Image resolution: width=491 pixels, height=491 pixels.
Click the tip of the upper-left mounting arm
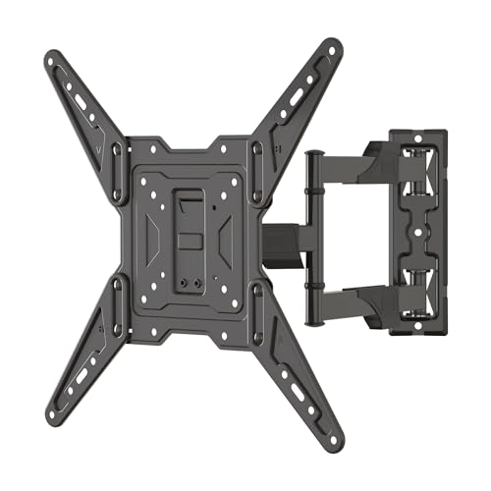click(52, 60)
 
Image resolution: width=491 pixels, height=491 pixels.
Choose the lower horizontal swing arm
click(344, 300)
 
